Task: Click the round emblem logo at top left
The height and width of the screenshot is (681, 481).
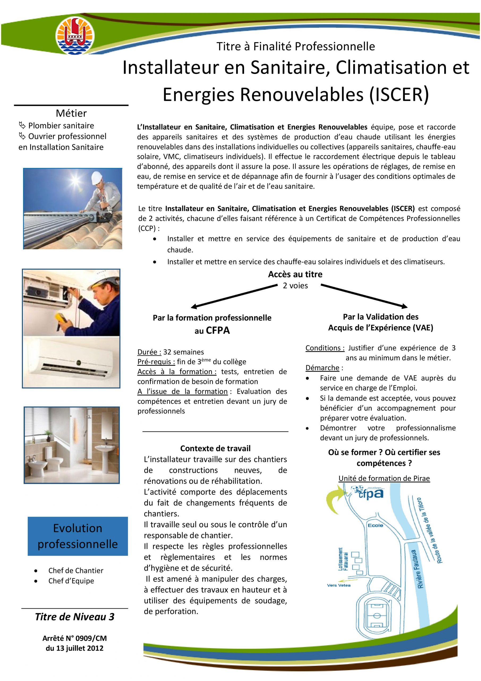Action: pos(75,36)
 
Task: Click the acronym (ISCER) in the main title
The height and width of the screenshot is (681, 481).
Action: pos(399,95)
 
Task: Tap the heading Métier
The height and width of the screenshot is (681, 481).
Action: pos(71,113)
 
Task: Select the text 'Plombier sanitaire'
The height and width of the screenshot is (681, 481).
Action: pos(61,126)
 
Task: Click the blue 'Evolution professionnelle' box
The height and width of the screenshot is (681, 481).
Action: pos(78,536)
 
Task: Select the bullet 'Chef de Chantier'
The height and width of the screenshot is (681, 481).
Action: pos(76,570)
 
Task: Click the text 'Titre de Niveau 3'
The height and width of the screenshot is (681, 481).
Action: pos(75,617)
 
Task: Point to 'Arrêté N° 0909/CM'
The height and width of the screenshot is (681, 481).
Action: pos(75,638)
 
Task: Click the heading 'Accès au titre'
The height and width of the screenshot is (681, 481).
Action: pos(295,274)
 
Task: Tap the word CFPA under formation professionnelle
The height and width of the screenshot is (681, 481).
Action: pos(218,330)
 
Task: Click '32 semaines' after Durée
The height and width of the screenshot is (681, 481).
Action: pos(183,352)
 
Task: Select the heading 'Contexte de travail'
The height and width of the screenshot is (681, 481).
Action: pos(215,448)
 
